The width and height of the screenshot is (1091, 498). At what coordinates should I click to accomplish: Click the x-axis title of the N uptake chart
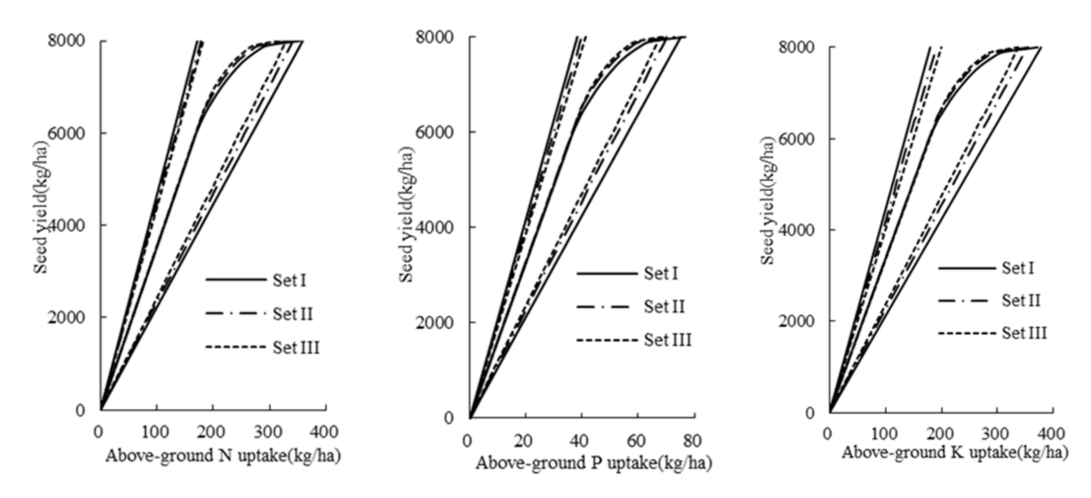pos(223,456)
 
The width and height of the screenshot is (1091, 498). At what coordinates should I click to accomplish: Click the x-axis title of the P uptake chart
pos(593,463)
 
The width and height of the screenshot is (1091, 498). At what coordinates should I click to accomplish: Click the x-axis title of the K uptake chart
pos(955,452)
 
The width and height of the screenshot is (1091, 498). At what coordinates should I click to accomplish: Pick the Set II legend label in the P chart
pos(664,306)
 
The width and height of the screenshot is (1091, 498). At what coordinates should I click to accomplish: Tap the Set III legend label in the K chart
pos(1024,333)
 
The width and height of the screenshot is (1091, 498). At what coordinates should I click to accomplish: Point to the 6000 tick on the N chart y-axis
pos(66,134)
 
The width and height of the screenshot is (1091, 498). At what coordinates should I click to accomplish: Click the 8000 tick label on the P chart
pos(434,37)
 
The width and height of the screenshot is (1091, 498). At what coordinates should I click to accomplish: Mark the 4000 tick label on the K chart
pos(796,230)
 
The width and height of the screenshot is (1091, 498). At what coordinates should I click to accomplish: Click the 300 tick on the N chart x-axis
pos(268,432)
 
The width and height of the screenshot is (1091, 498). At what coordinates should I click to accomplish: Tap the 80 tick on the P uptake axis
pos(692,441)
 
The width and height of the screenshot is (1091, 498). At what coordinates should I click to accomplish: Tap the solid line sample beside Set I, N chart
pos(236,280)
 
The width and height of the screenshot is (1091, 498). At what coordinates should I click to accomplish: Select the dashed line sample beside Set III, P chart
pos(607,340)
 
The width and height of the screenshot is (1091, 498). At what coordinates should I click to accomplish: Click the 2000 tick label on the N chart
pos(66,317)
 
